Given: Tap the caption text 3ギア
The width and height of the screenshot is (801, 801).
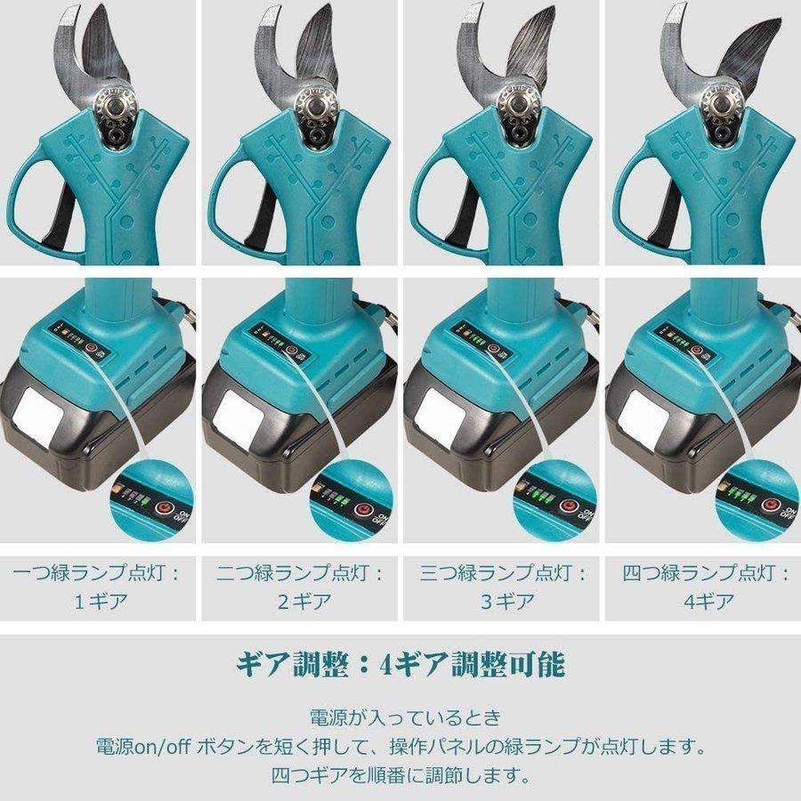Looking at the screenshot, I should coord(502,601).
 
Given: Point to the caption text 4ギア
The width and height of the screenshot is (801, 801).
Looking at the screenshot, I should coord(704,601).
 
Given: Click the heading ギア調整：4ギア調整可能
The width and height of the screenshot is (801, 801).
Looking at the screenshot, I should coord(400,664).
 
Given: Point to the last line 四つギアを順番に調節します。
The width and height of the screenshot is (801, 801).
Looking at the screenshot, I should coord(400,773).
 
